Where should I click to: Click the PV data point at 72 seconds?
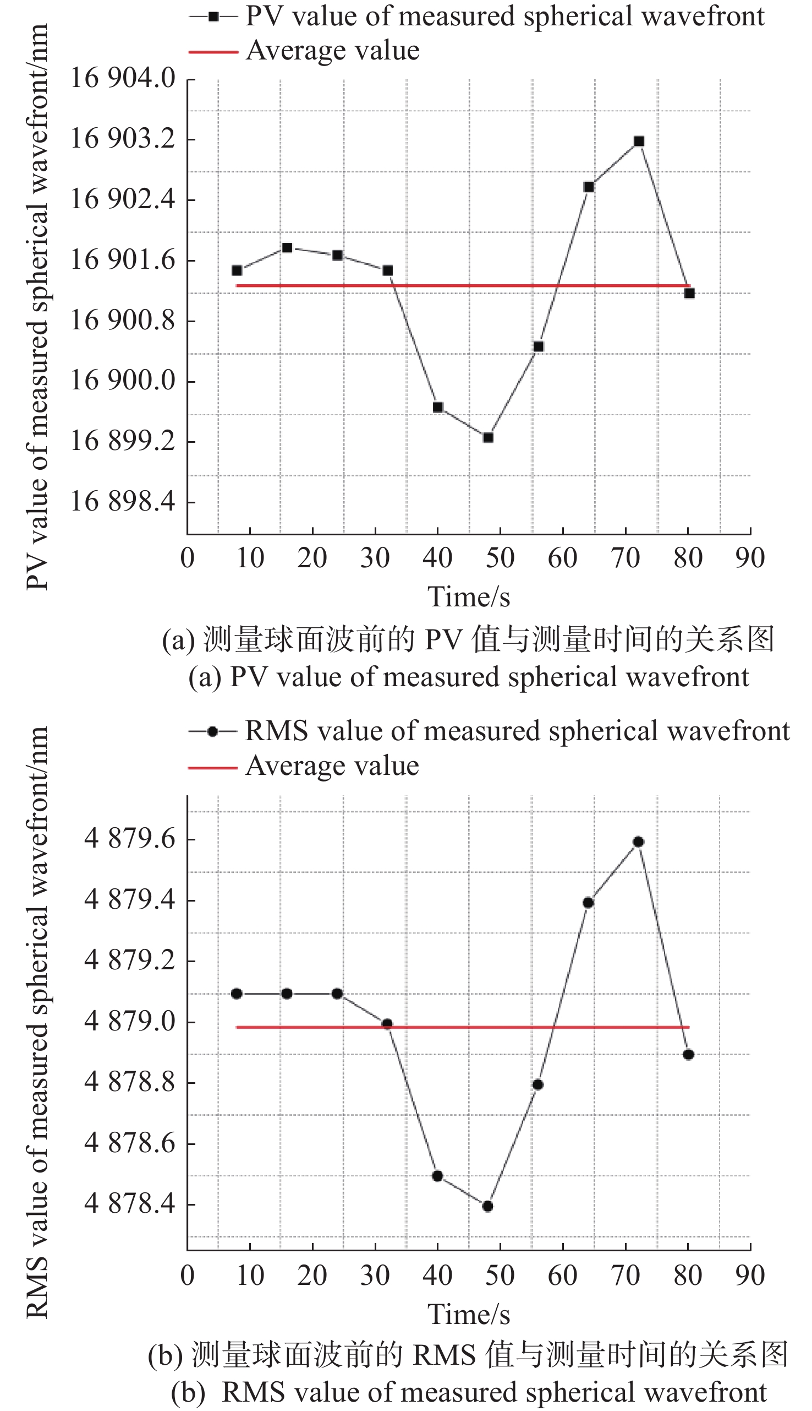(639, 141)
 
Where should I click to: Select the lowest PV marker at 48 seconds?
(488, 438)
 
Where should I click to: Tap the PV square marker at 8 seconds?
(237, 271)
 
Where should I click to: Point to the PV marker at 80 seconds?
(689, 293)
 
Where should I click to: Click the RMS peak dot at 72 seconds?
(639, 842)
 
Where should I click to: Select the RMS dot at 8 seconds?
(237, 994)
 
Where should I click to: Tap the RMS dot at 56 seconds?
(537, 1084)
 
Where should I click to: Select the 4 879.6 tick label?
(129, 839)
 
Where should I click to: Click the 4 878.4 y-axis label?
(129, 1203)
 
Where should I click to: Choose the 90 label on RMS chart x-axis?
(749, 1276)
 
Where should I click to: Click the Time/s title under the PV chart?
(469, 597)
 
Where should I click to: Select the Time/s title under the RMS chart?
(469, 1315)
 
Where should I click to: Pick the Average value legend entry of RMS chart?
(332, 766)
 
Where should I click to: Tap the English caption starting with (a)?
(469, 677)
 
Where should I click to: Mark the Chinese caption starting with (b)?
(469, 1355)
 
